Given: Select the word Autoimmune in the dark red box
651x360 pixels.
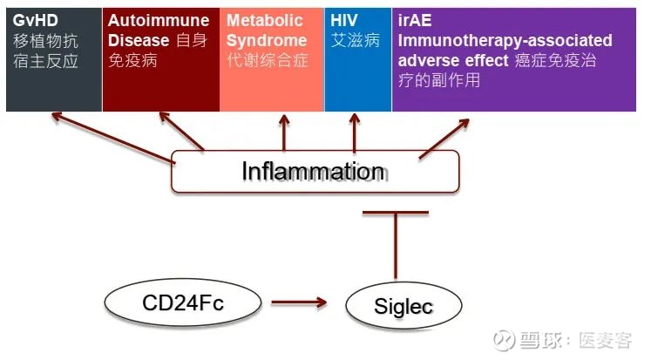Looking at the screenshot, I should coord(159,20).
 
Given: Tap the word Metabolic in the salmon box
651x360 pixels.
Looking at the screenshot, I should coord(265,20).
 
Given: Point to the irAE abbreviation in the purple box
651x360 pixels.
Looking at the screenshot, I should coord(417,20).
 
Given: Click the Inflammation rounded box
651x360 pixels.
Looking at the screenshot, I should coord(314,171).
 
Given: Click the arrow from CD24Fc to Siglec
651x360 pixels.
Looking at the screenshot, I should coord(298,303).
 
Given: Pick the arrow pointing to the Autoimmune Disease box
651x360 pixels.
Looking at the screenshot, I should coord(181,132).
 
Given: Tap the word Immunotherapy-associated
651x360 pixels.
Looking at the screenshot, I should coord(505,41).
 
